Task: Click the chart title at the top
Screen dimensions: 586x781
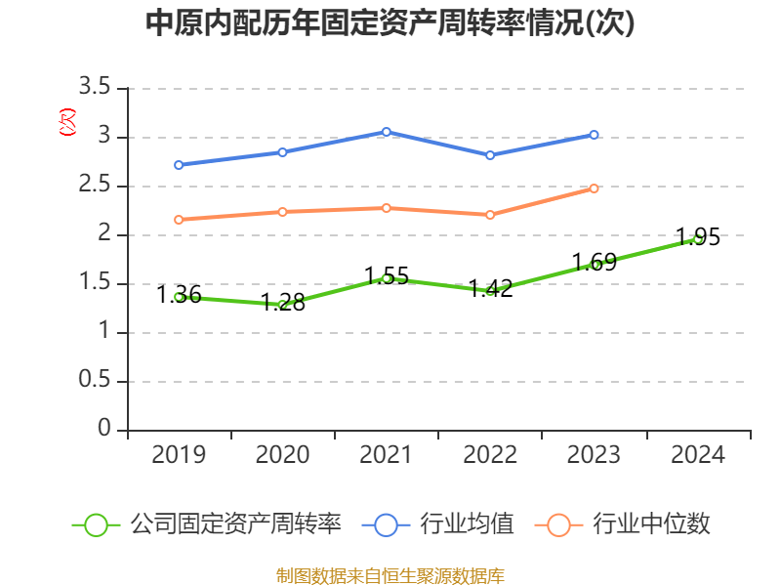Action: pyautogui.click(x=390, y=23)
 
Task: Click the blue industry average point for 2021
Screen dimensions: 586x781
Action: pyautogui.click(x=387, y=132)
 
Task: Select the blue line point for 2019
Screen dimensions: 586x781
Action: pyautogui.click(x=179, y=165)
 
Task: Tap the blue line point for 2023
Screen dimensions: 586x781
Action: pyautogui.click(x=594, y=135)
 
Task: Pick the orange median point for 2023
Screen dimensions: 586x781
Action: pyautogui.click(x=594, y=188)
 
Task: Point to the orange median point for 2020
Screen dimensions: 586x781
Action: pyautogui.click(x=283, y=212)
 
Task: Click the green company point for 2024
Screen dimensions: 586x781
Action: pyautogui.click(x=697, y=238)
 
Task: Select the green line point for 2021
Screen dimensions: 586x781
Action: pyautogui.click(x=387, y=278)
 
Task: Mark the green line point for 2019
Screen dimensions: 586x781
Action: pyautogui.click(x=179, y=297)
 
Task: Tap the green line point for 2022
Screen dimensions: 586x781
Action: pyautogui.click(x=490, y=291)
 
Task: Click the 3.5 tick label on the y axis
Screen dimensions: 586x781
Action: pyautogui.click(x=95, y=89)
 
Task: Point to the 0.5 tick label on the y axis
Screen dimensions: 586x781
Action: pyautogui.click(x=95, y=382)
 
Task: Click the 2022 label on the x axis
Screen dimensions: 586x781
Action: pyautogui.click(x=490, y=454)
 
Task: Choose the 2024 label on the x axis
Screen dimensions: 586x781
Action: pyautogui.click(x=698, y=454)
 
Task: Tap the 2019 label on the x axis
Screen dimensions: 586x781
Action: pyautogui.click(x=179, y=454)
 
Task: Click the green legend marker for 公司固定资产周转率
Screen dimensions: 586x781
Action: pyautogui.click(x=96, y=524)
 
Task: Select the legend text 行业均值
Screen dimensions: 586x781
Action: pyautogui.click(x=467, y=524)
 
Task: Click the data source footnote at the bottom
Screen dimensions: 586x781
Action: pyautogui.click(x=390, y=575)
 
